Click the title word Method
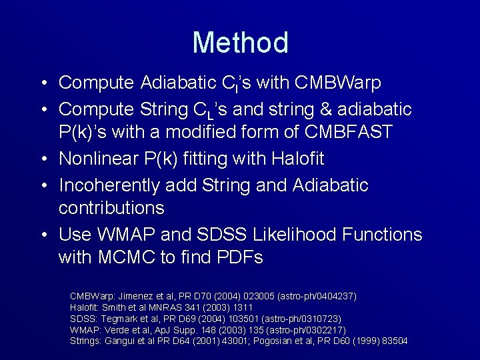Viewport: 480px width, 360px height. pos(240,43)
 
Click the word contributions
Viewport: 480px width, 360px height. pos(111,208)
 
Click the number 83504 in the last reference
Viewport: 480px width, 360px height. pos(394,341)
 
